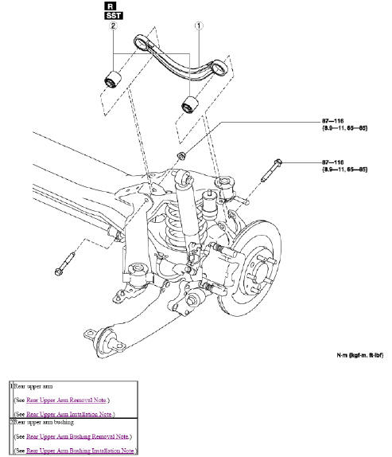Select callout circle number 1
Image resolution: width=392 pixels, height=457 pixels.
coord(198,25)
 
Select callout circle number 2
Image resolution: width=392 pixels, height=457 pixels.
coord(114,26)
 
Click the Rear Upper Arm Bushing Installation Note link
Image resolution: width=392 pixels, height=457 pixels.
coord(80,451)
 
